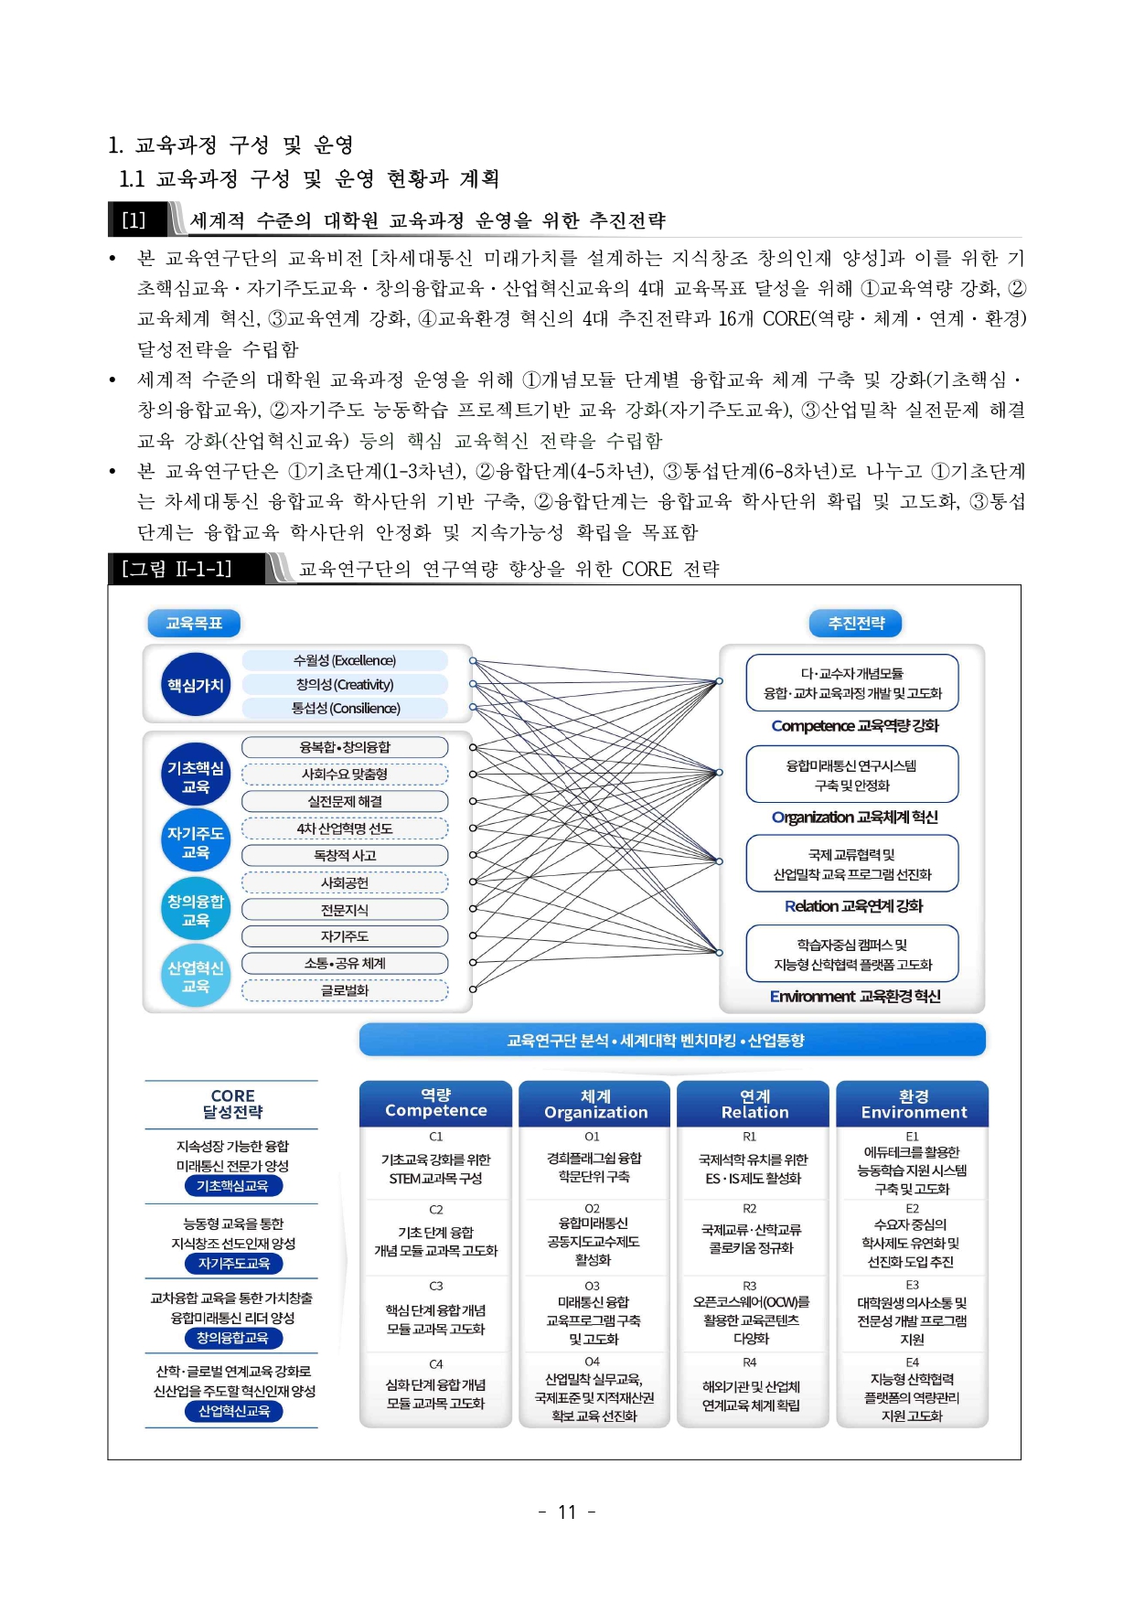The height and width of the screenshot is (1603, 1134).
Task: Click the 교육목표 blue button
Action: click(x=194, y=624)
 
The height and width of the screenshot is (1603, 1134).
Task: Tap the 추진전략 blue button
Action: click(x=856, y=624)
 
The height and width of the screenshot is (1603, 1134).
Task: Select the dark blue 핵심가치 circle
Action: click(x=195, y=685)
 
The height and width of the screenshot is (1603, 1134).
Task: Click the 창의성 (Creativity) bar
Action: click(x=345, y=685)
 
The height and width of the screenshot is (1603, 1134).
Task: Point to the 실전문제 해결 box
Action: click(x=345, y=801)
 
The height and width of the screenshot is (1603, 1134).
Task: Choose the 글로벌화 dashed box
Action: click(x=345, y=990)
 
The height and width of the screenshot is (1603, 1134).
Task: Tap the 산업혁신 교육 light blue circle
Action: click(x=195, y=977)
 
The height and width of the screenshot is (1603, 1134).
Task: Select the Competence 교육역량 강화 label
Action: click(x=855, y=726)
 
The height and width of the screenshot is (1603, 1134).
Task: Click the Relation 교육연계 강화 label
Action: click(x=853, y=906)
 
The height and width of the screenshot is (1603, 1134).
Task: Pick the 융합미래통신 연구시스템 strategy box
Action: click(x=852, y=775)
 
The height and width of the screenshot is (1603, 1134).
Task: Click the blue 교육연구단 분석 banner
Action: click(x=672, y=1041)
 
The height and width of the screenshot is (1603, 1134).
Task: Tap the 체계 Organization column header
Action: click(x=595, y=1104)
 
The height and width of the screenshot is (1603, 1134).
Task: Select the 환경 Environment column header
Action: click(x=913, y=1104)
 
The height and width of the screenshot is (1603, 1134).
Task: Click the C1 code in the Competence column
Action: click(x=435, y=1137)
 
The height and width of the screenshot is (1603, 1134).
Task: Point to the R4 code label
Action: click(x=750, y=1363)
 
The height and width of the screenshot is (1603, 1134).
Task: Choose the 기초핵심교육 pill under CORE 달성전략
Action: click(x=232, y=1186)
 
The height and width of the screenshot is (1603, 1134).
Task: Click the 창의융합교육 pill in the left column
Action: click(x=232, y=1338)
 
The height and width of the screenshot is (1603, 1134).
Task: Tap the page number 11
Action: click(x=567, y=1512)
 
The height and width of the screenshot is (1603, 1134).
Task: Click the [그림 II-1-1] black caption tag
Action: click(x=177, y=569)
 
